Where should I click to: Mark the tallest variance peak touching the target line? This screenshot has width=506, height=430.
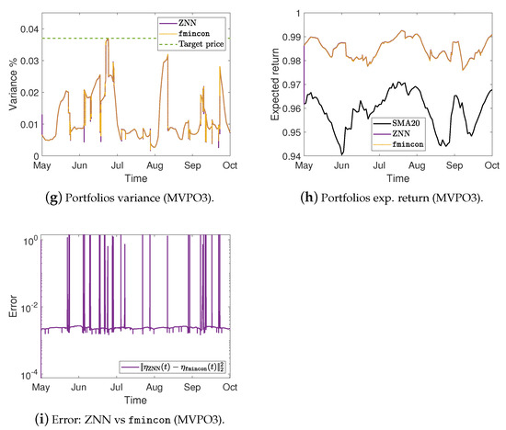[x=108, y=40]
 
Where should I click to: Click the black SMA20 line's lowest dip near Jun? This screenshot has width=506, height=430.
[x=342, y=154]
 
